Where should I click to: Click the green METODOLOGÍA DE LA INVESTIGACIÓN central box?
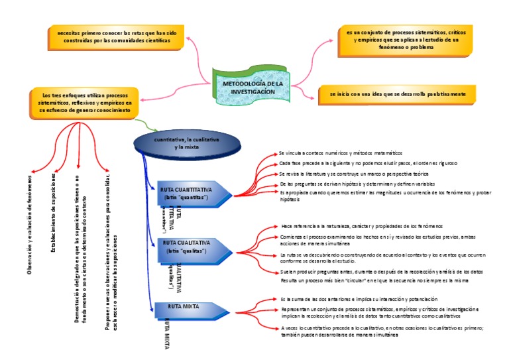pos(253,88)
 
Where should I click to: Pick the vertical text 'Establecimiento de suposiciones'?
pos(54,213)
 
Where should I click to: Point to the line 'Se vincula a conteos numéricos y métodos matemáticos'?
pos(336,153)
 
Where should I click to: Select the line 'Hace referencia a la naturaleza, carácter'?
pos(362,226)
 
